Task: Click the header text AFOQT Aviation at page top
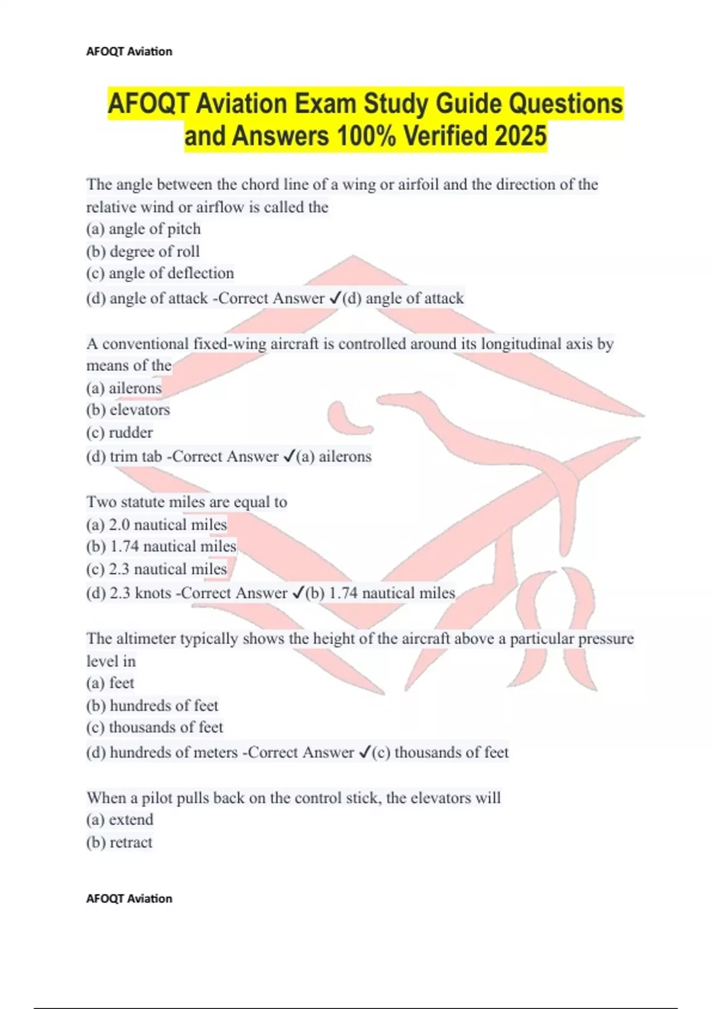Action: pyautogui.click(x=129, y=52)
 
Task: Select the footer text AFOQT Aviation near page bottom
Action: pyautogui.click(x=129, y=899)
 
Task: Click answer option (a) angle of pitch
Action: pyautogui.click(x=144, y=229)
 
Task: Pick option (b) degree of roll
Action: pyautogui.click(x=143, y=252)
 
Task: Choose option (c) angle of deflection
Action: pyautogui.click(x=160, y=274)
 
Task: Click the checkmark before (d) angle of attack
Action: pyautogui.click(x=334, y=298)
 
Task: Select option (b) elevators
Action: pyautogui.click(x=128, y=410)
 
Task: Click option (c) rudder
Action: pyautogui.click(x=120, y=433)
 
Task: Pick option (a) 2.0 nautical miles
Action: pyautogui.click(x=157, y=525)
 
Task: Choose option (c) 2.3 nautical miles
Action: pyautogui.click(x=157, y=569)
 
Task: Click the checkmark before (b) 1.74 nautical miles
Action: pyautogui.click(x=298, y=593)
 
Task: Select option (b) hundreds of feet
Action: pyautogui.click(x=152, y=706)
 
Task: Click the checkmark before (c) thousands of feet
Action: pyautogui.click(x=364, y=753)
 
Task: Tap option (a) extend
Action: pyautogui.click(x=120, y=820)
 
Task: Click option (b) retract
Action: pyautogui.click(x=120, y=842)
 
